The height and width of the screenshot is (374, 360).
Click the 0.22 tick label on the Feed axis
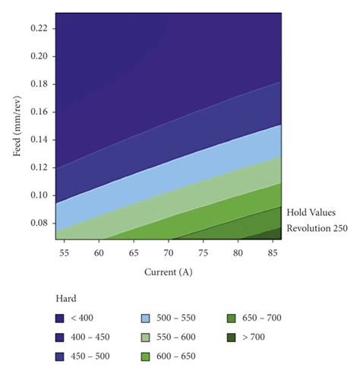tap(40, 28)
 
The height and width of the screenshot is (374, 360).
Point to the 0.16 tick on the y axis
tap(40, 112)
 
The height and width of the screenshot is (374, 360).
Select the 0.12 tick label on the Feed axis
tap(40, 167)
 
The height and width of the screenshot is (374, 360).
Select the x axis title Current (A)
tap(169, 271)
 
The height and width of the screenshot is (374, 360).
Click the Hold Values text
tap(311, 213)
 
